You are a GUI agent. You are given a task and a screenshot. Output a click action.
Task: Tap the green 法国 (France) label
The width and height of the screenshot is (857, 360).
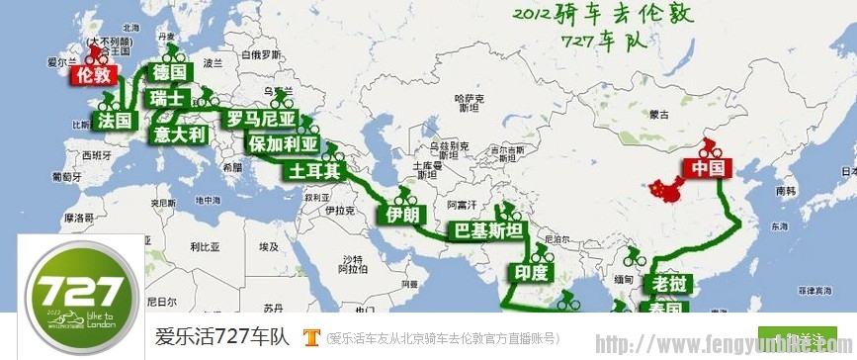(116, 120)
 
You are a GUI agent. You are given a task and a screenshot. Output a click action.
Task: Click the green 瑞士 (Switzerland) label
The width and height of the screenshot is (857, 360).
(167, 99)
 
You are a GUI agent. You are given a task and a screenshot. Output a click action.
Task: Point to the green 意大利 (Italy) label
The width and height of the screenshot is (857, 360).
(180, 134)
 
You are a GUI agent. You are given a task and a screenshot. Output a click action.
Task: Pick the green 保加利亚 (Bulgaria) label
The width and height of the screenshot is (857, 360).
(285, 144)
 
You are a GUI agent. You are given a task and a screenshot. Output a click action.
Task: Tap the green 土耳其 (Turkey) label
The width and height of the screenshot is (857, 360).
(314, 170)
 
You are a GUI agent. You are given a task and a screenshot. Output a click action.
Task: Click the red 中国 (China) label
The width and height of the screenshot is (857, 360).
(709, 168)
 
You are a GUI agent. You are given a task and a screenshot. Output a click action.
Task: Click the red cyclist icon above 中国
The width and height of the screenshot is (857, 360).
(708, 145)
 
